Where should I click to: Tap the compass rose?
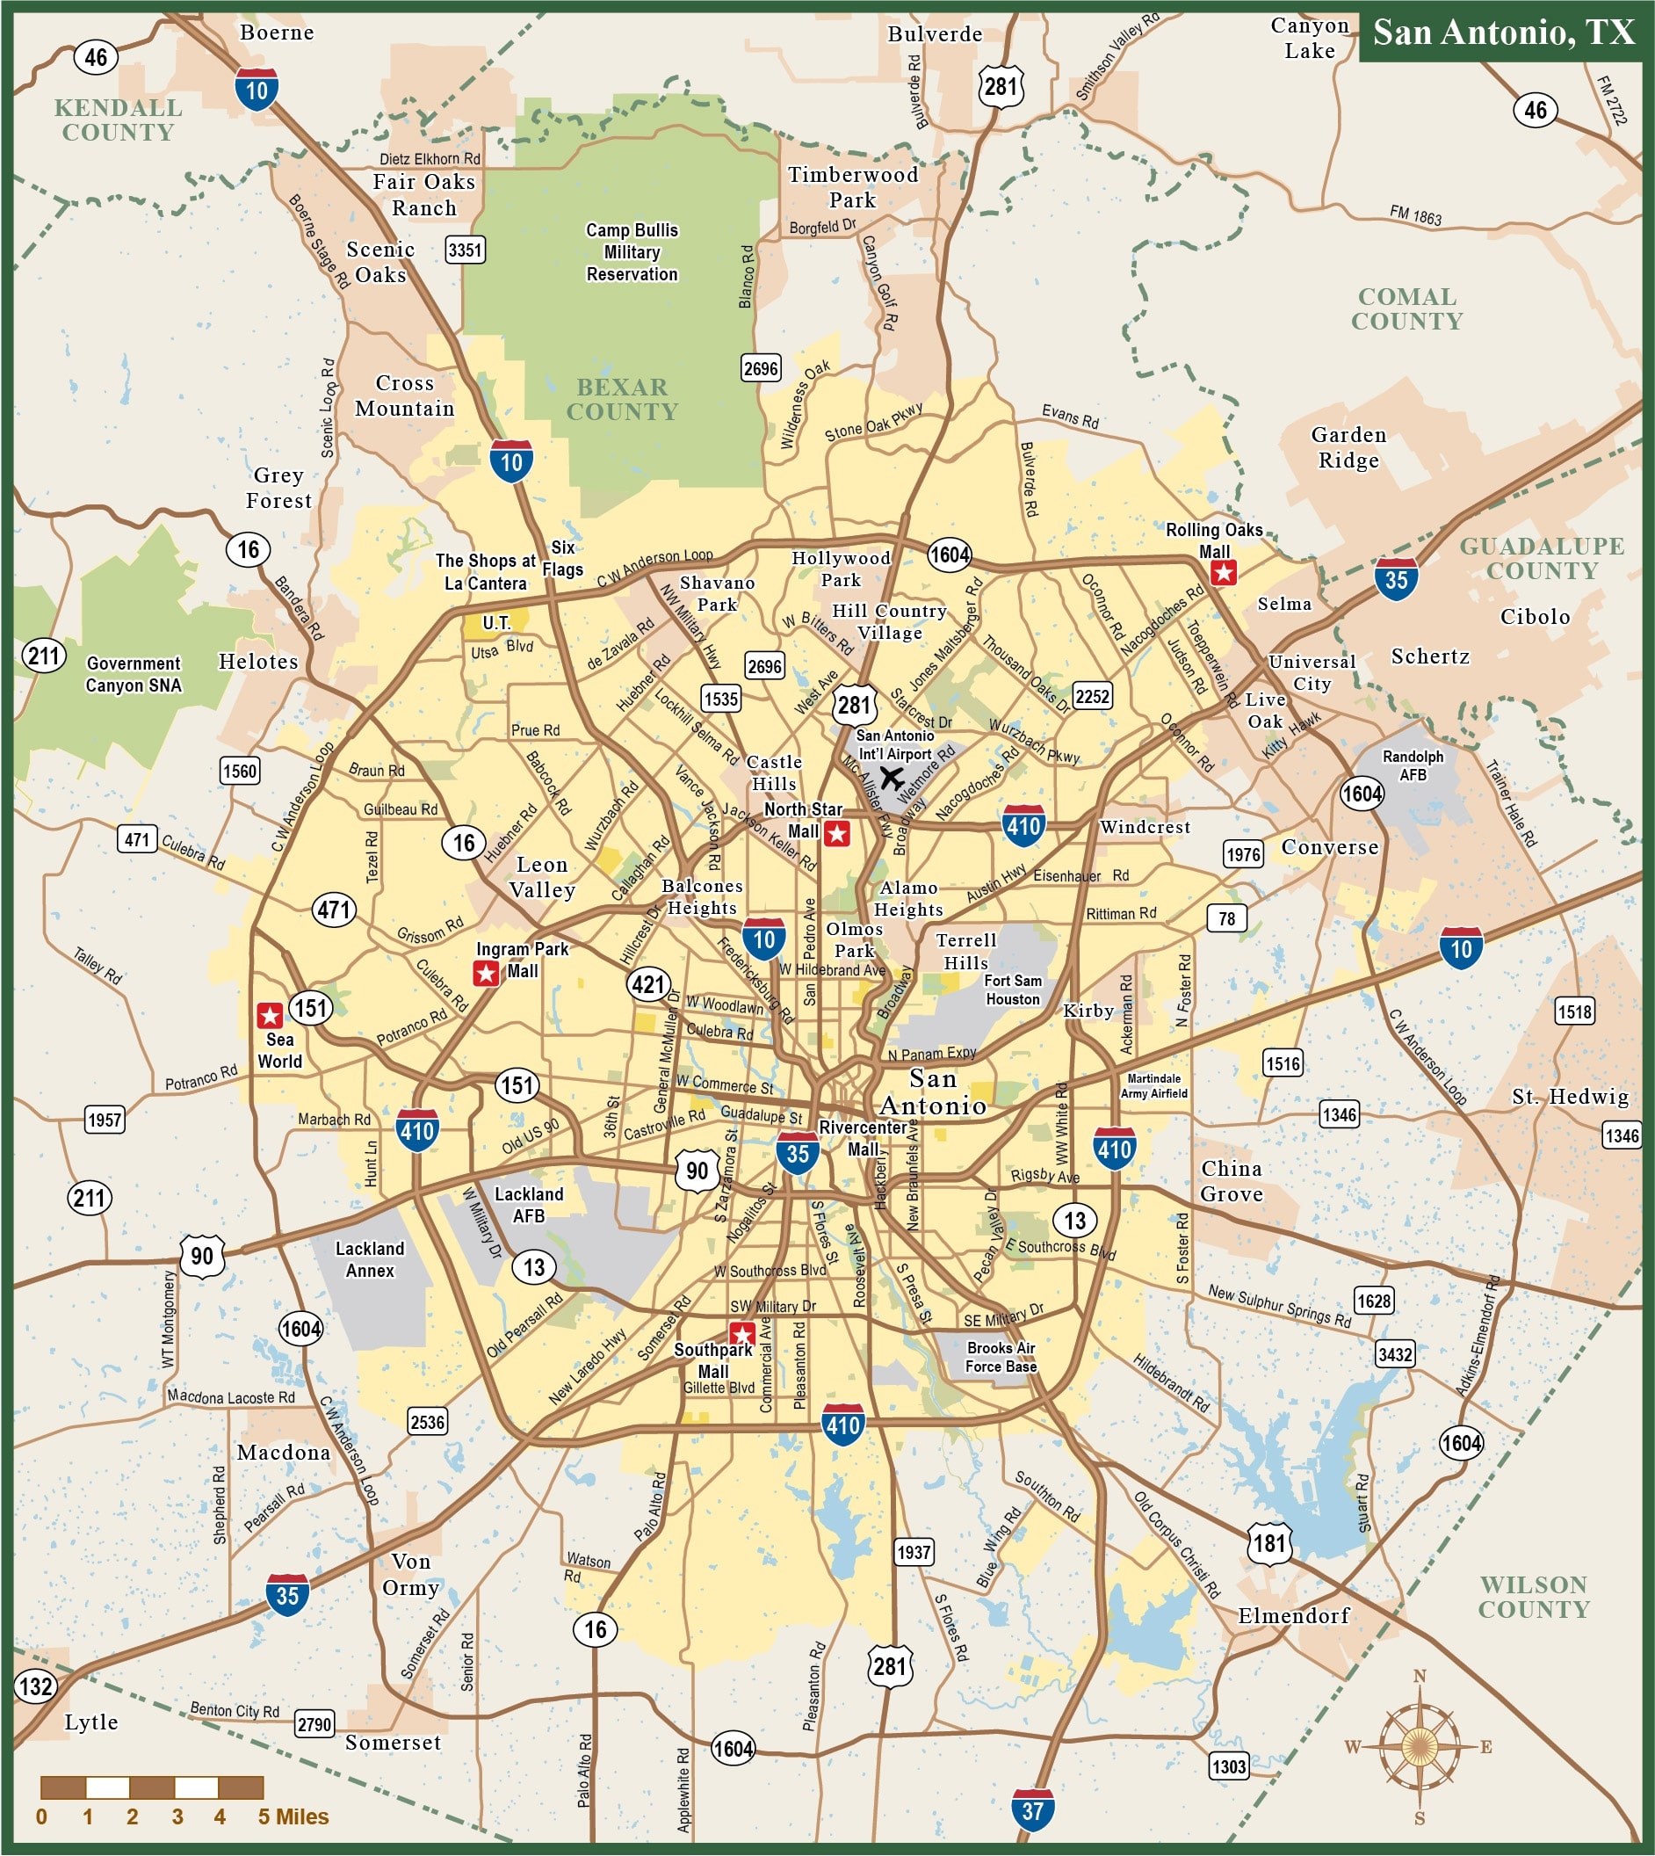pyautogui.click(x=1419, y=1746)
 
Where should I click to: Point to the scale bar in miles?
pyautogui.click(x=152, y=1787)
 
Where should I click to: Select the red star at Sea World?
pyautogui.click(x=269, y=1015)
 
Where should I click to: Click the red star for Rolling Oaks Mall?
pyautogui.click(x=1224, y=572)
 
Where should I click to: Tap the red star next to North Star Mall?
pyautogui.click(x=836, y=832)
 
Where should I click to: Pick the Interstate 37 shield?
pyautogui.click(x=1033, y=1809)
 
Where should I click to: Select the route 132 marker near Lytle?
pyautogui.click(x=35, y=1686)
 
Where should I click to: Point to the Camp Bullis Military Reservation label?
pyautogui.click(x=632, y=252)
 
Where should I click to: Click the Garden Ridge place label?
pyautogui.click(x=1348, y=447)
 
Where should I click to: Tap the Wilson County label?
pyautogui.click(x=1533, y=1597)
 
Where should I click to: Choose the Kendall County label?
pyautogui.click(x=119, y=120)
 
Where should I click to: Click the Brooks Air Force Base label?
pyautogui.click(x=1001, y=1357)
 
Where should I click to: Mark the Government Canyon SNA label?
pyautogui.click(x=134, y=674)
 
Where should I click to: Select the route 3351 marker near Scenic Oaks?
pyautogui.click(x=465, y=250)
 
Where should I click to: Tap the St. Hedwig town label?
pyautogui.click(x=1571, y=1098)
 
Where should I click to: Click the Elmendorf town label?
pyautogui.click(x=1293, y=1616)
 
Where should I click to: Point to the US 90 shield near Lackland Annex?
pyautogui.click(x=202, y=1257)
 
